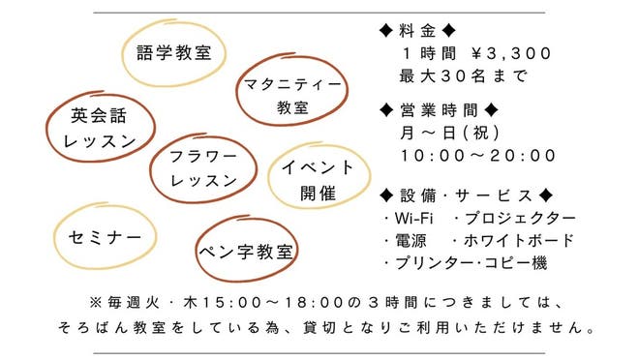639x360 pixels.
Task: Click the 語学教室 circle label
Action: (174, 51)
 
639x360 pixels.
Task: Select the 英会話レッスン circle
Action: (99, 127)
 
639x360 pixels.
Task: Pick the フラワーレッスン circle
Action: (203, 167)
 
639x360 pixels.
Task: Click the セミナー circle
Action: (99, 237)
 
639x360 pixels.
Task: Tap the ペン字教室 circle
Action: (246, 252)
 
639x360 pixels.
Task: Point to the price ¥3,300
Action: (511, 53)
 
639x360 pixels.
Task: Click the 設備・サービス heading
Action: (467, 195)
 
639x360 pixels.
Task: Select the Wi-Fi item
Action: (412, 218)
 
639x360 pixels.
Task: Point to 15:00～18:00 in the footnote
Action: (256, 301)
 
